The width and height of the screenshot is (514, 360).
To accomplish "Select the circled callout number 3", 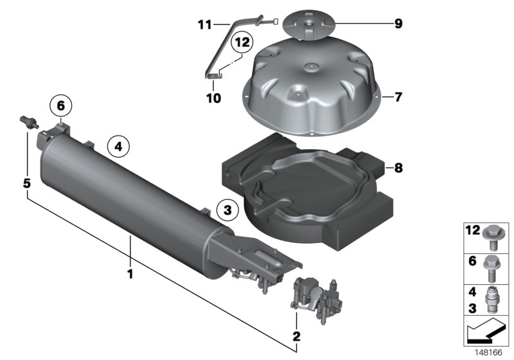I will pos(227,208).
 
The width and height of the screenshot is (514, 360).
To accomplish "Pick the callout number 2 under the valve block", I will pos(296,336).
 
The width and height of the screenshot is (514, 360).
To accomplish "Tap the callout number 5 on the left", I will pos(26,183).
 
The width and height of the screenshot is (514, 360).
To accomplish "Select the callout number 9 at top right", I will pos(398,24).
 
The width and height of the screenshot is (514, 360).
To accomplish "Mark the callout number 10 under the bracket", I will pos(213,98).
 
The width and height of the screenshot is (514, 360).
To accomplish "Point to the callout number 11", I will pos(204,24).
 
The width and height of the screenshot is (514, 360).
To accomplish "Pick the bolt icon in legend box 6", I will pos(496,268).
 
